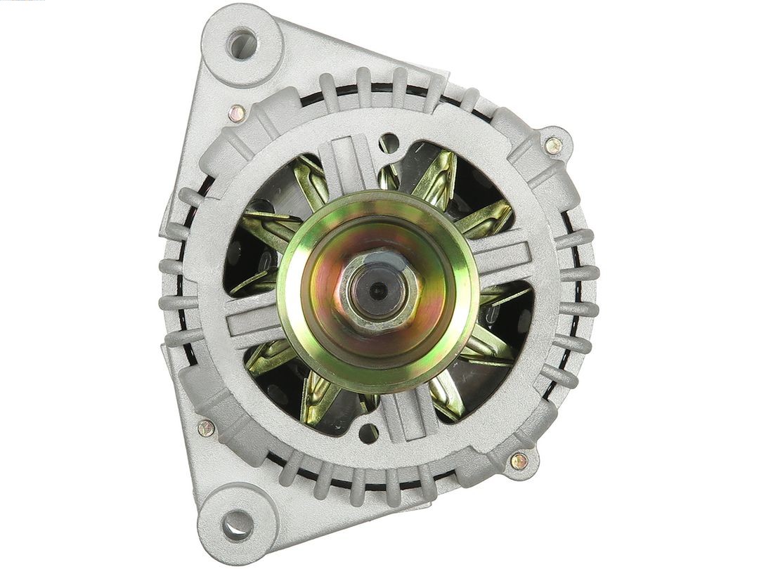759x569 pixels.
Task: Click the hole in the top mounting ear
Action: (242, 44)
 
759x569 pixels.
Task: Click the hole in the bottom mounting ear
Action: (237, 523)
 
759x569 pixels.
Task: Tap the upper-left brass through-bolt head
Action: (238, 112)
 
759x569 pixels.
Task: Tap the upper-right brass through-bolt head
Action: (554, 145)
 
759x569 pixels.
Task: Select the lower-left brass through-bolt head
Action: (206, 428)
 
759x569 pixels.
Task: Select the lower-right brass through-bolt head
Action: (519, 461)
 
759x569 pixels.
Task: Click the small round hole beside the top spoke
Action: (389, 143)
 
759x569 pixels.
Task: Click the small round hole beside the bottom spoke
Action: (368, 433)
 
